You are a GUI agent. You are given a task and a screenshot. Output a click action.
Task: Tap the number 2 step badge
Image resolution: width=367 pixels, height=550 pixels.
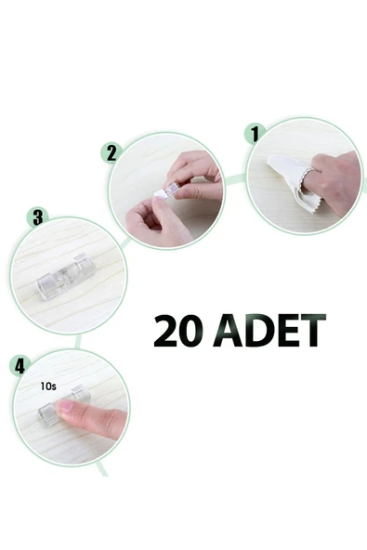(x=113, y=152)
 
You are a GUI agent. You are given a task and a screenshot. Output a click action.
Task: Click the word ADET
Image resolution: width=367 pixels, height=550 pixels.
(x=269, y=331)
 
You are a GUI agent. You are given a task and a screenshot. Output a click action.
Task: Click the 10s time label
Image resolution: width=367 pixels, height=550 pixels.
(x=49, y=386)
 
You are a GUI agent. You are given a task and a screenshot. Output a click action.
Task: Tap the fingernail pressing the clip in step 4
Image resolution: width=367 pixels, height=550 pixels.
(x=66, y=407)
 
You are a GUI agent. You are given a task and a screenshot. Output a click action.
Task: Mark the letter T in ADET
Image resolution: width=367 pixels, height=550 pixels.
(x=313, y=331)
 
